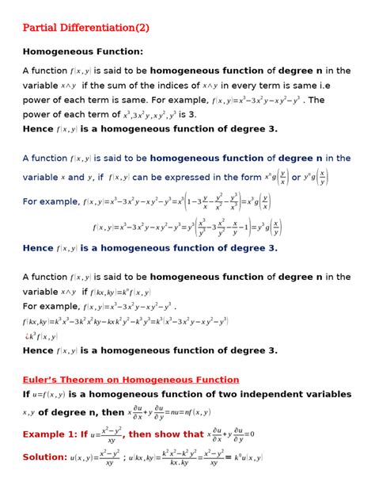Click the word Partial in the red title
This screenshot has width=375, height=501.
40,28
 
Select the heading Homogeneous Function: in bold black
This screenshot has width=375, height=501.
82,52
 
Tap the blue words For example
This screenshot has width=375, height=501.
51,202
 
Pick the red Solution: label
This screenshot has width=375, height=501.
44,457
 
